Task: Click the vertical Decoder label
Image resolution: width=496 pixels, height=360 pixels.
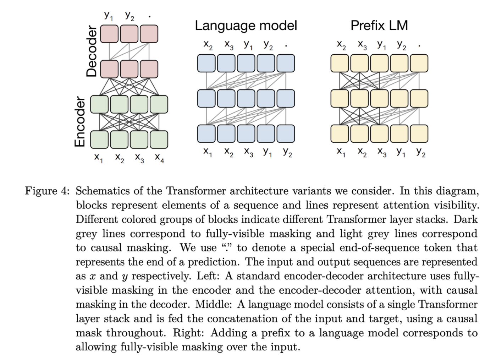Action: click(92, 51)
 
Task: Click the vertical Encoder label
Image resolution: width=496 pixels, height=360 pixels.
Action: click(80, 122)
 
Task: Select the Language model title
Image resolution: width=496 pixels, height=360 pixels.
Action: click(246, 26)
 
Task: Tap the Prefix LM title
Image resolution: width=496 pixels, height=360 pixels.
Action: click(379, 26)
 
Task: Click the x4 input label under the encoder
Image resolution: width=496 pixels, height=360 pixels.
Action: click(159, 158)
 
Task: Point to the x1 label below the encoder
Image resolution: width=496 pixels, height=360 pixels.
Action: click(99, 158)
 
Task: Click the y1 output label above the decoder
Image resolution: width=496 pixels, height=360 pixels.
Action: click(109, 16)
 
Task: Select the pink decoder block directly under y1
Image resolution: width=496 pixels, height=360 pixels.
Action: click(110, 34)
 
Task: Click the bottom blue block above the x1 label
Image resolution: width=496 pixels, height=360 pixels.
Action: click(206, 133)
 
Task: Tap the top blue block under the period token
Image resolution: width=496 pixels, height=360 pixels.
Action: click(286, 63)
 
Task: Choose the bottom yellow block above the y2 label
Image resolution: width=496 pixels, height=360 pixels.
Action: click(419, 133)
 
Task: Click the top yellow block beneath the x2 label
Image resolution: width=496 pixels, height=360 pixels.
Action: click(340, 63)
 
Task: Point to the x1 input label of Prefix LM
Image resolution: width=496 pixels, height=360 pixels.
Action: click(341, 152)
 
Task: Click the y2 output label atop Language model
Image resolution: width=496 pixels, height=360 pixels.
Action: click(268, 45)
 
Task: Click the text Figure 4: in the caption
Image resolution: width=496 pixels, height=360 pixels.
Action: click(47, 191)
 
